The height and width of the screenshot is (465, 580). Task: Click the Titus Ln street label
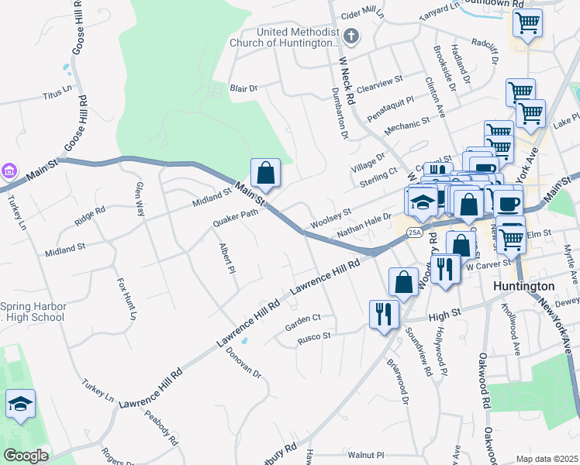(x=57, y=95)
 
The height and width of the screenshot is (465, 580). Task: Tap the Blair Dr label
(x=243, y=88)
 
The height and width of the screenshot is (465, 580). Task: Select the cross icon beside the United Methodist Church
(x=351, y=36)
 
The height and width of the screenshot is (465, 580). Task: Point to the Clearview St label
(x=380, y=80)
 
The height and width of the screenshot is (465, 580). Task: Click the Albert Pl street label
(x=227, y=257)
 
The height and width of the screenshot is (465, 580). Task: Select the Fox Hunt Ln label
(x=126, y=300)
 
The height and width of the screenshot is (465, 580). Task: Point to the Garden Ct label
(x=302, y=319)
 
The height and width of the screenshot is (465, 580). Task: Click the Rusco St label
(x=314, y=336)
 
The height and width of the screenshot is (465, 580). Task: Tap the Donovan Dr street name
(x=243, y=360)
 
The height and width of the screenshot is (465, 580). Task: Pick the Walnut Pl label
(x=366, y=455)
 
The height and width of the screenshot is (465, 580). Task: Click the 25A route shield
(x=415, y=232)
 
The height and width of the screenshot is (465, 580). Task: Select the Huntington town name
(x=525, y=286)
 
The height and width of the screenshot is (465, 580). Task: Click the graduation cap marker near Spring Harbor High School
(x=21, y=403)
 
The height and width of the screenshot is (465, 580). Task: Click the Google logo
(x=26, y=456)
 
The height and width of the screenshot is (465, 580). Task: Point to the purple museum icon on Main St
(x=8, y=170)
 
